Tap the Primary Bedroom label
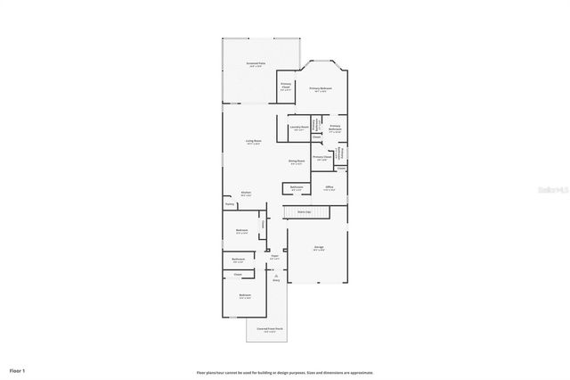[x=322, y=89]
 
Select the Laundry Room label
[x=299, y=128]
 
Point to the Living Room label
[x=253, y=142]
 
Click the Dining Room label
[x=296, y=162]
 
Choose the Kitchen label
[x=246, y=194]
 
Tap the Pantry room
[x=230, y=204]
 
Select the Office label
[x=330, y=188]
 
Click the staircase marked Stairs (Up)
[x=305, y=211]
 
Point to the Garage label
[x=318, y=248]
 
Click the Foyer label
[x=275, y=257]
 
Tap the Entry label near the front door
[x=276, y=280]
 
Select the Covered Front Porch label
[x=271, y=329]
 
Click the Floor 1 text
[x=18, y=369]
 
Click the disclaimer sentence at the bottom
[x=284, y=372]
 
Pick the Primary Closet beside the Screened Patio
[x=286, y=87]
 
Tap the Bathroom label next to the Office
[x=297, y=188]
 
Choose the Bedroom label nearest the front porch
[x=244, y=296]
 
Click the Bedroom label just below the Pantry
[x=241, y=231]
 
